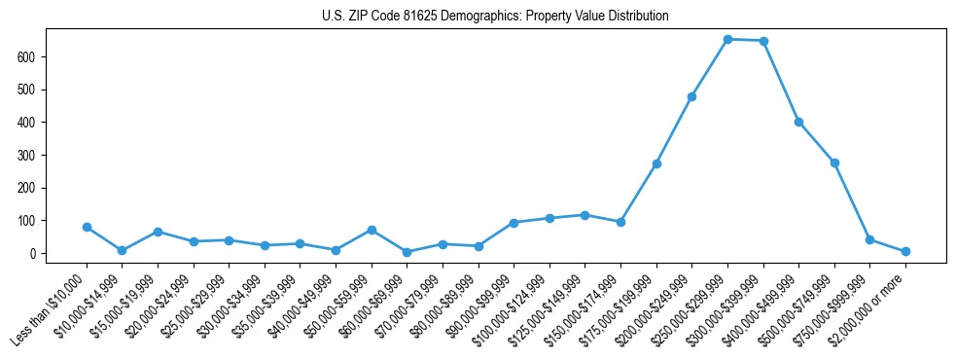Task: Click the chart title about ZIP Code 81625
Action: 495,17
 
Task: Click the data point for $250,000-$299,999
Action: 727,39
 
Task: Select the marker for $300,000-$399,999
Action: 763,41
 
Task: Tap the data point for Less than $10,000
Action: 87,227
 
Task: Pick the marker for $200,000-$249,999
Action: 691,96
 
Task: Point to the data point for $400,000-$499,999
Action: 798,122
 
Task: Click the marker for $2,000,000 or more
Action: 905,251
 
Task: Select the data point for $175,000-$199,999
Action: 656,163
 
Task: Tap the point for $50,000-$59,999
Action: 372,230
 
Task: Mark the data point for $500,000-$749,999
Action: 834,162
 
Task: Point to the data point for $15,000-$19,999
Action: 158,232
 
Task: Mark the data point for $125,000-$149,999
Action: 584,215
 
